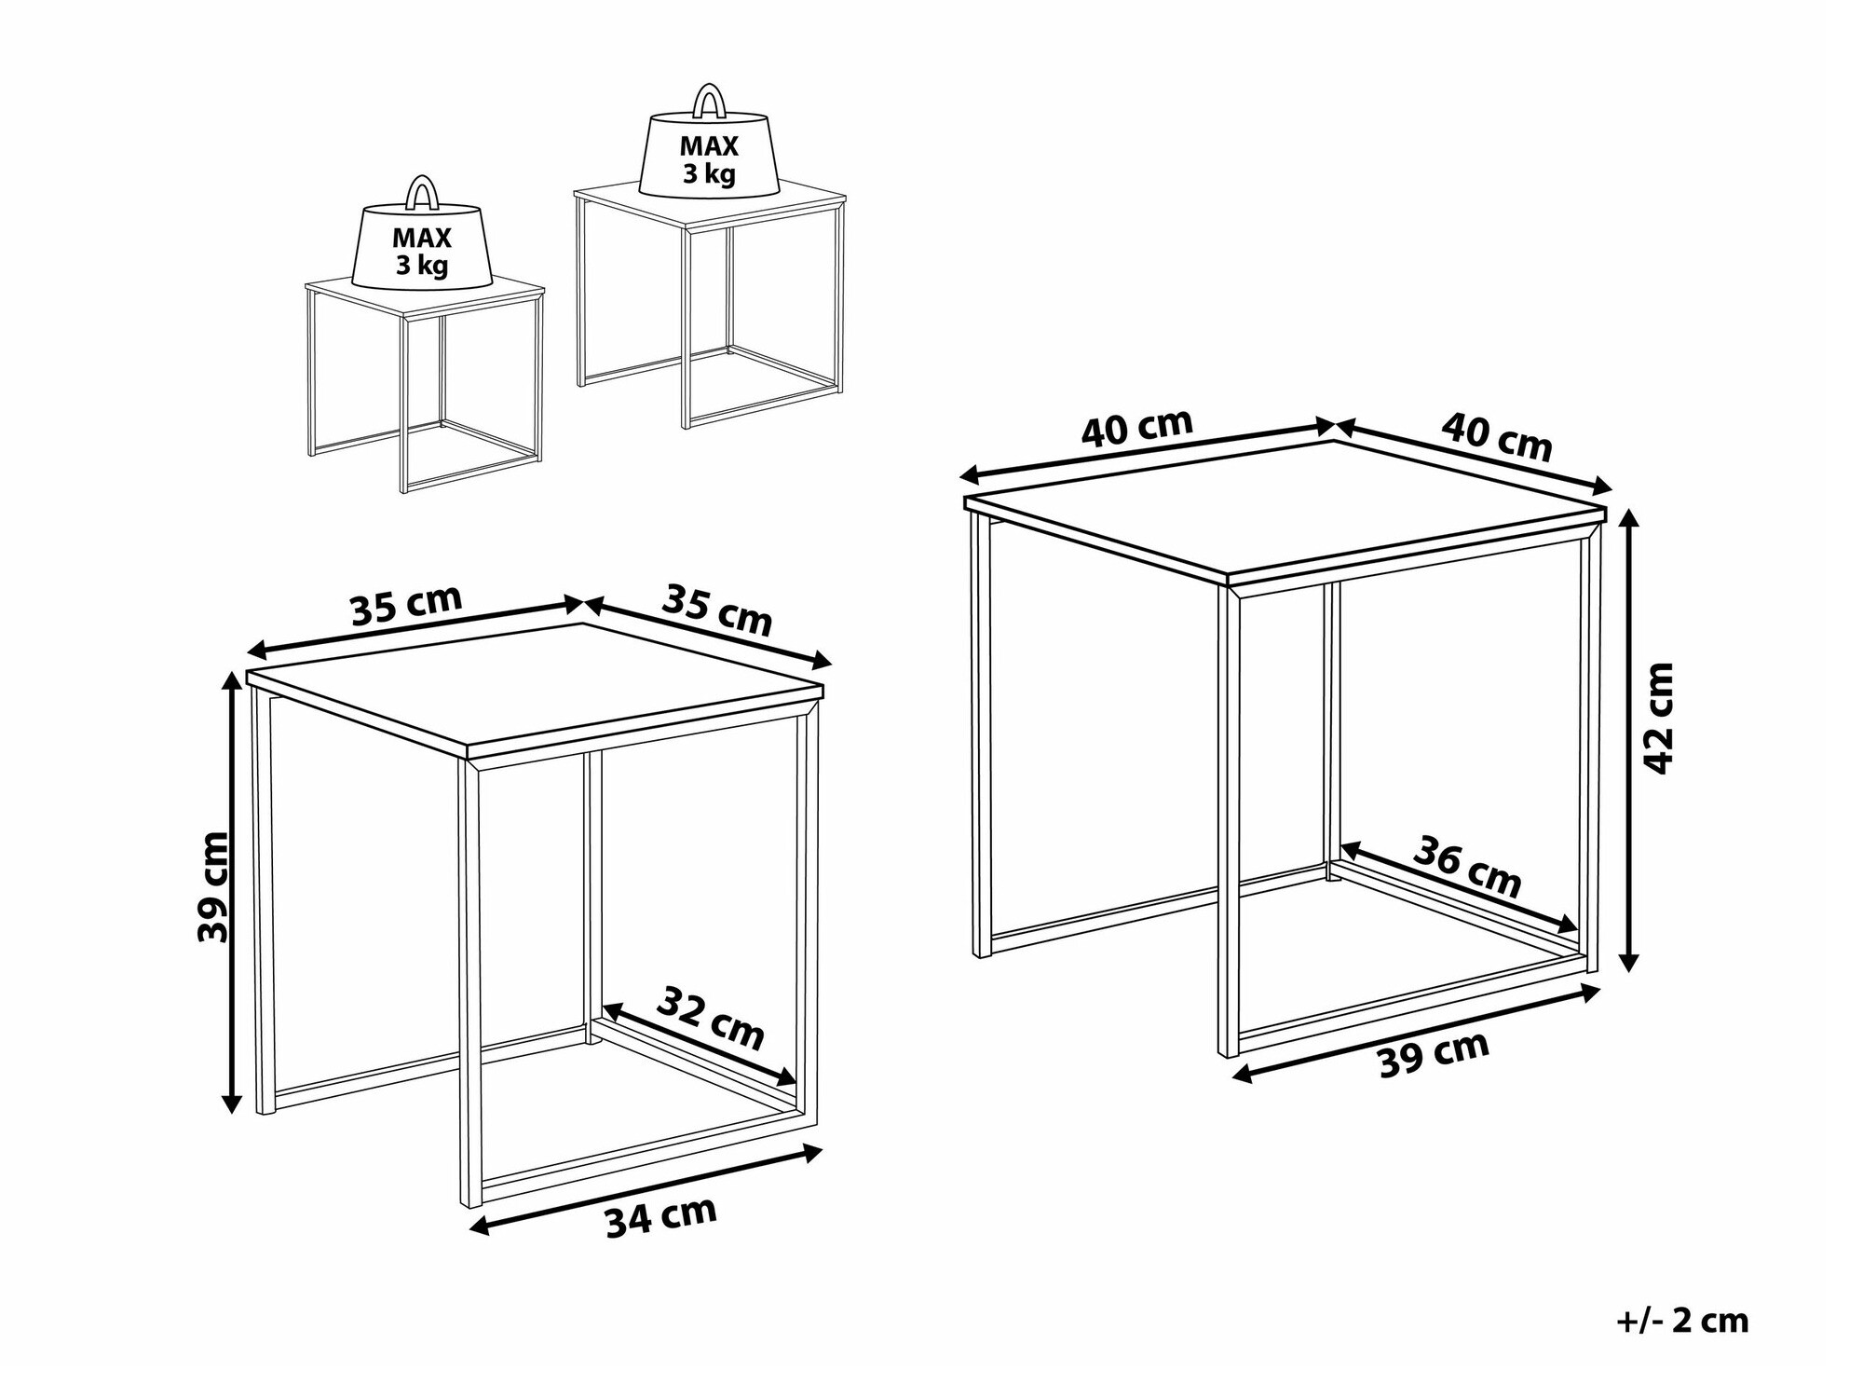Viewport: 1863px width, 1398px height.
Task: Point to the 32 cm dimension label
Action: [x=711, y=1018]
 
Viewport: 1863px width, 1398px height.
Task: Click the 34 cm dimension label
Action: [x=661, y=1216]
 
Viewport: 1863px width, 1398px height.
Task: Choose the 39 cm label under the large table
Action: [x=1434, y=1055]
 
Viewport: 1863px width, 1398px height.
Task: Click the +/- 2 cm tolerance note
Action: [x=1681, y=1321]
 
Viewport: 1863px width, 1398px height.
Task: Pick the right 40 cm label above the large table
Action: [x=1497, y=435]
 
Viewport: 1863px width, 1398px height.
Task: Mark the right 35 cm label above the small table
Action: [x=717, y=610]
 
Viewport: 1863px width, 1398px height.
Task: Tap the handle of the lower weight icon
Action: [x=422, y=193]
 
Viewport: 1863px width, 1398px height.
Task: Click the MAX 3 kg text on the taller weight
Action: [x=709, y=159]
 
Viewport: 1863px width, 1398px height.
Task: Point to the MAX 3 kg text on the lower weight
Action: [x=422, y=252]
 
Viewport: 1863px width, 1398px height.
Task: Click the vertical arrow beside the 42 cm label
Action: [x=1629, y=739]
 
